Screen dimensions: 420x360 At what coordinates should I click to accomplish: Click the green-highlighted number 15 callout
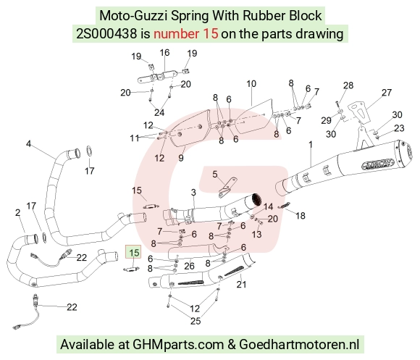coord(134,252)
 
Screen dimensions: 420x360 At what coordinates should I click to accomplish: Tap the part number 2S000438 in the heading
coord(106,34)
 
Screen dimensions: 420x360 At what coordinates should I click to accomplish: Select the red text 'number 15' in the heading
coord(186,34)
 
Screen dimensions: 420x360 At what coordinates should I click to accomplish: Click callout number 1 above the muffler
coord(311,145)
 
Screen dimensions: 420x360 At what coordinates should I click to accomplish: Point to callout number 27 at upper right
coord(387,93)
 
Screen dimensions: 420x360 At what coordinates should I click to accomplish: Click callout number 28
coord(348,85)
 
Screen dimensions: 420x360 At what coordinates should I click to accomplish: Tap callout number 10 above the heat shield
coord(251,84)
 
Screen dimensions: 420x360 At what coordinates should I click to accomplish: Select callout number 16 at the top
coord(164,52)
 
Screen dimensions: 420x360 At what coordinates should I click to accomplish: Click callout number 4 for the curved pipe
coord(28,144)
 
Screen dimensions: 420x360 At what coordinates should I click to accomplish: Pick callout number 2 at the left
coord(17,212)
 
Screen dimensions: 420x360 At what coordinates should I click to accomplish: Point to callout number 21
coord(241,284)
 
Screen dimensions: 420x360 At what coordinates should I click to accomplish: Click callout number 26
coord(189,266)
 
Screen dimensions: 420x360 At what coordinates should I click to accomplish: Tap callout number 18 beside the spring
coord(301,216)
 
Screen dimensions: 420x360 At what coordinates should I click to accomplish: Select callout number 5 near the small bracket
coord(215,175)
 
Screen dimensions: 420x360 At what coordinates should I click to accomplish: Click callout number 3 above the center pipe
coord(193,192)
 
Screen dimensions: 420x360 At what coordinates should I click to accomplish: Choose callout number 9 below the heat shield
coord(181,158)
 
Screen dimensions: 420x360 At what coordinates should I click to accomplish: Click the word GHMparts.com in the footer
coord(178,344)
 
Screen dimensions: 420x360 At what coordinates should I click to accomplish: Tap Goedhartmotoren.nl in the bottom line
coord(299,344)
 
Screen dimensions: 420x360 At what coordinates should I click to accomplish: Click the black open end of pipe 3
coord(256,199)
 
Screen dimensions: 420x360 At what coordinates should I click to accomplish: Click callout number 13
coord(256,234)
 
